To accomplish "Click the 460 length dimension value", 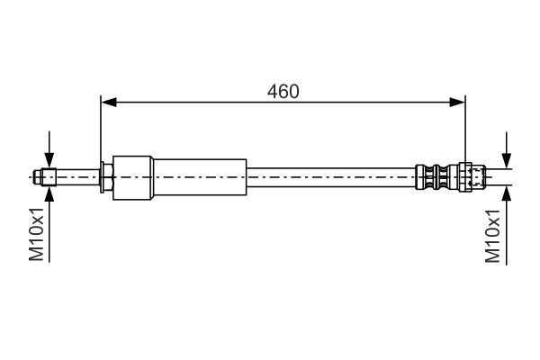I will [283, 91].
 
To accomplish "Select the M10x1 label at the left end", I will [37, 234].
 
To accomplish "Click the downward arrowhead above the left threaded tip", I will [49, 159].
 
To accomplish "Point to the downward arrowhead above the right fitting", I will [507, 159].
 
